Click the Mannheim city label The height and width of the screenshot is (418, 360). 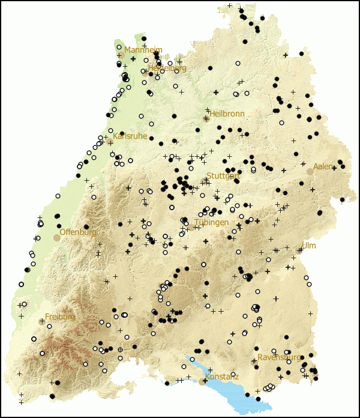point(143,50)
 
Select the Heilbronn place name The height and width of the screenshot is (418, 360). point(227,114)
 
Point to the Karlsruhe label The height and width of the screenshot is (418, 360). point(130,136)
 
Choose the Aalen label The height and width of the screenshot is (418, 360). point(323,166)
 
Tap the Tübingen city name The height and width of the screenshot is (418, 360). point(211,222)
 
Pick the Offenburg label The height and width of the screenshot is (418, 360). point(78,232)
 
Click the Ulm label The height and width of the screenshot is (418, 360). point(308,246)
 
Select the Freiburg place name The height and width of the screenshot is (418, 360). point(60,317)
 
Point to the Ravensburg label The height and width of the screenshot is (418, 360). point(279,357)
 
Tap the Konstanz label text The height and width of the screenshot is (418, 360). point(221,377)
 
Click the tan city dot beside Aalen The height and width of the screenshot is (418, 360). point(310,172)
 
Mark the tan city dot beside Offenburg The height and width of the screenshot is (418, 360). point(57,238)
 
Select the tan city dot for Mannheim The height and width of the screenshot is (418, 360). point(120,55)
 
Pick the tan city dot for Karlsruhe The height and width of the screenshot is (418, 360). point(109,142)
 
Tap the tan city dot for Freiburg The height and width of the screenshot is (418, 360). point(42,322)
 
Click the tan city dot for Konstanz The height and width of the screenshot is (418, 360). point(202,381)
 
